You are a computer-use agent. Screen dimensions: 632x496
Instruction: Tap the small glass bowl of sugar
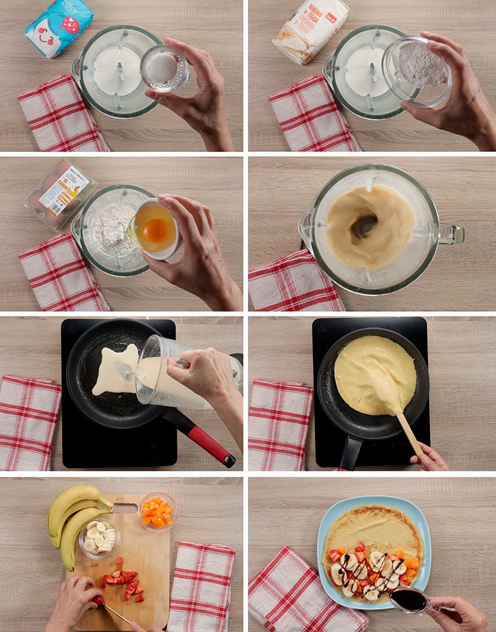click(164, 67)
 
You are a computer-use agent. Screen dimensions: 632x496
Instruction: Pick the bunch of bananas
click(71, 515)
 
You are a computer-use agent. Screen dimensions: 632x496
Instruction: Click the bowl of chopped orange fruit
click(157, 511)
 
